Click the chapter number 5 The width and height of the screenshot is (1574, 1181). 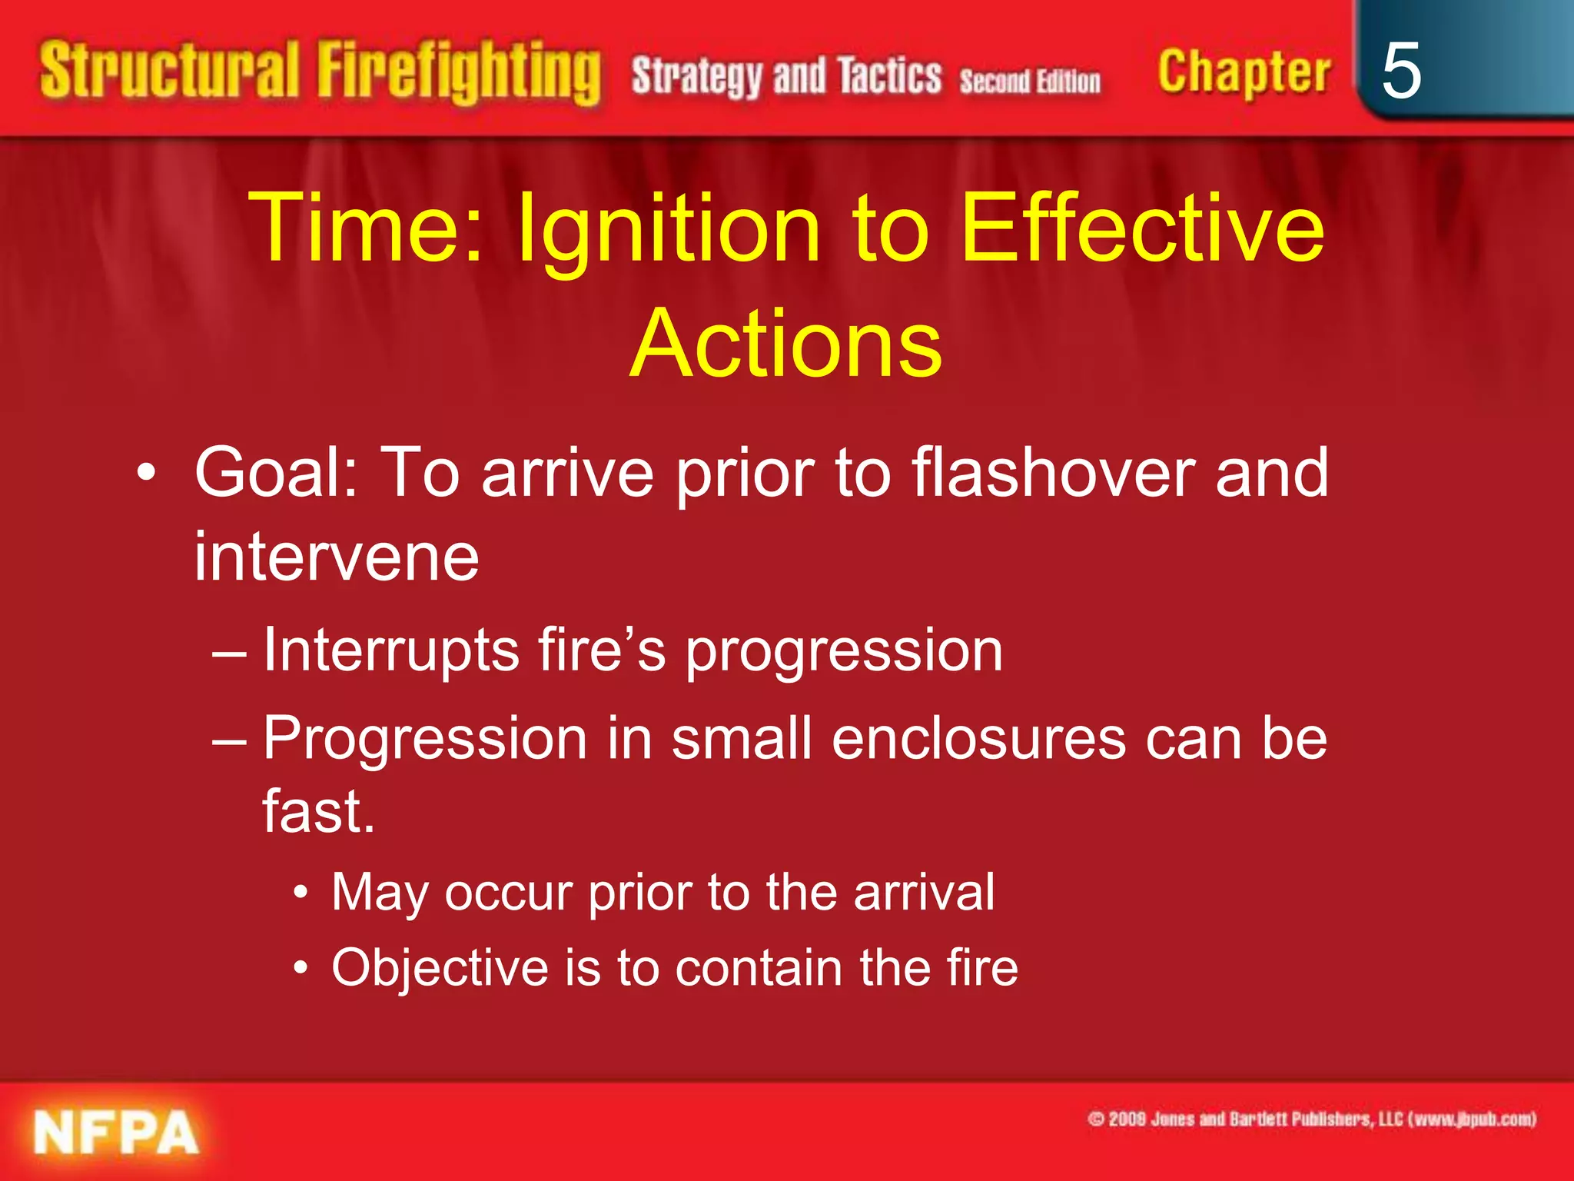coord(1400,71)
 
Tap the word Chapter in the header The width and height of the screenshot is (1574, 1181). coord(1244,72)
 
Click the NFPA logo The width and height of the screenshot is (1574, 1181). coord(116,1133)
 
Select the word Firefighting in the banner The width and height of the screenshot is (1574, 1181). coord(459,72)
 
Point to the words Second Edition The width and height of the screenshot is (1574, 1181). coord(1030,81)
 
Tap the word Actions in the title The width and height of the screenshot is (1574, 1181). coord(786,344)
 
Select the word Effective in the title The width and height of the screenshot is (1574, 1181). coord(1142,228)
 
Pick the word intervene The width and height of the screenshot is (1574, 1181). coord(336,556)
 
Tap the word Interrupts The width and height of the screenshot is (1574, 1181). coord(390,650)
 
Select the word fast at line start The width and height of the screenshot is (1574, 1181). coord(318,812)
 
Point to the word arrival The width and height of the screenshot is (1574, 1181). coord(924,892)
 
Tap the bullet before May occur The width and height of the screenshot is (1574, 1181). coord(301,893)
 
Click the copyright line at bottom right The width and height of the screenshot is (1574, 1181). coord(1311,1119)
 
